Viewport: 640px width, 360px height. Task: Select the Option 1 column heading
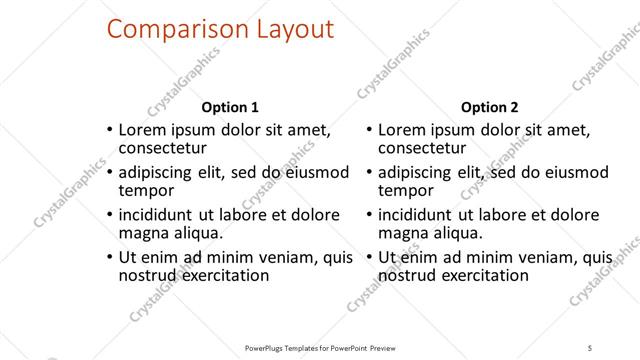(x=230, y=107)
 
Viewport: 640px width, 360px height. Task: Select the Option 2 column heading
(x=489, y=107)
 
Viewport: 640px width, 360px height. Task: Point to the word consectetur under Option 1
(x=168, y=149)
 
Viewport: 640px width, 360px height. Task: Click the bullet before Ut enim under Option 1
(x=108, y=257)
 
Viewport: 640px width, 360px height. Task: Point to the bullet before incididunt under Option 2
(x=368, y=215)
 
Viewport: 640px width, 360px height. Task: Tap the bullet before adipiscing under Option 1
(x=108, y=172)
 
